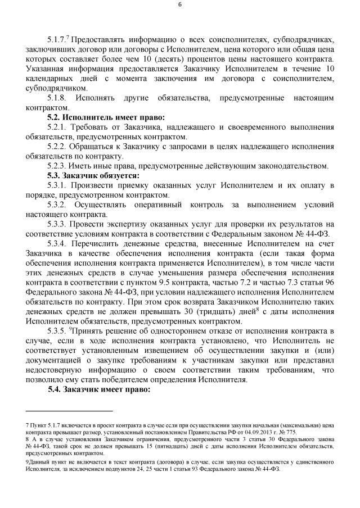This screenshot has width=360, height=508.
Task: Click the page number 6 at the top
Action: pyautogui.click(x=179, y=6)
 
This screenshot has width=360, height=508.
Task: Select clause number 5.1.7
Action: pyautogui.click(x=58, y=40)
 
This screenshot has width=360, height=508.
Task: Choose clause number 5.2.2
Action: pyautogui.click(x=58, y=147)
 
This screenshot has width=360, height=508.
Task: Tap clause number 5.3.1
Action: pyautogui.click(x=58, y=185)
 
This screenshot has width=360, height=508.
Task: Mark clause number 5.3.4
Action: pyautogui.click(x=59, y=243)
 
